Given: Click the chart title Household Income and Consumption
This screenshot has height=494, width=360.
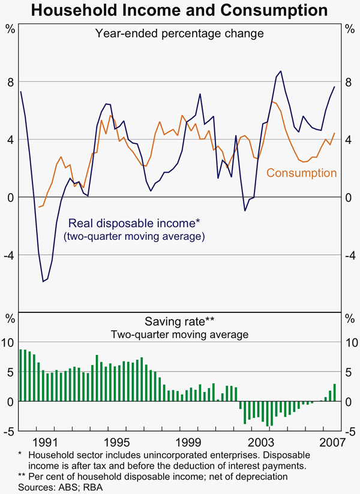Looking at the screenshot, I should point(179,10).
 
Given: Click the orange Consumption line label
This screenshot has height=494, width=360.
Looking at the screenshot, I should point(301,173).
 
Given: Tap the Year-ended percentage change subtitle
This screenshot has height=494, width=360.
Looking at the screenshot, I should point(179,34).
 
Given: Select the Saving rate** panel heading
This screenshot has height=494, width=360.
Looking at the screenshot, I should point(179,321).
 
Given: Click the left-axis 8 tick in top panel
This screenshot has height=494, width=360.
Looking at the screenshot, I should point(10,82).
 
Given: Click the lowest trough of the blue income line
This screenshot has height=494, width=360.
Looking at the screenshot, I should point(43,281).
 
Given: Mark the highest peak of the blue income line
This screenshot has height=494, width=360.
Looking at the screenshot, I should point(281,71).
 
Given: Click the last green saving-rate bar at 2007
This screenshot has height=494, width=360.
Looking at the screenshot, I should point(335,393).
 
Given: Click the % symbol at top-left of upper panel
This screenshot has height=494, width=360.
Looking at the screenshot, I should point(10,28).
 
